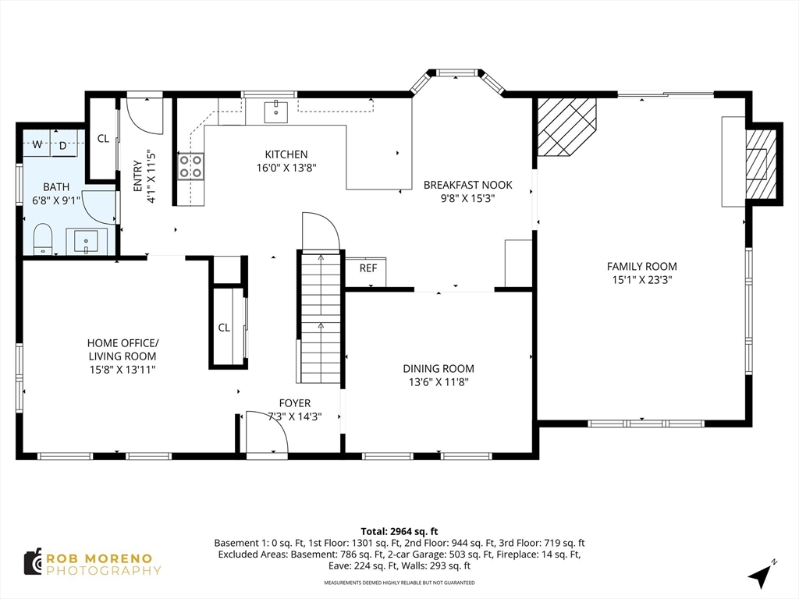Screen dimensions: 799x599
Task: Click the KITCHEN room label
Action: [x=286, y=154]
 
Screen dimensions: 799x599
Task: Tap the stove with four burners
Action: [x=191, y=167]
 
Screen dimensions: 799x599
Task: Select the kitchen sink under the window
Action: [x=275, y=112]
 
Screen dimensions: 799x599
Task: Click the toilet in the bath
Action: [x=43, y=239]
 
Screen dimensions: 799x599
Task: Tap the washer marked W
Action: [x=37, y=144]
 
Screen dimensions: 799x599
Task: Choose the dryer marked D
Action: [x=63, y=146]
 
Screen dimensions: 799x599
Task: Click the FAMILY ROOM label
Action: [x=641, y=266]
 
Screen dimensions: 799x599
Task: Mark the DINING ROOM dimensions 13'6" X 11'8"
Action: [x=439, y=382]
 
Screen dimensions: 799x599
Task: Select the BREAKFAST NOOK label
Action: [x=468, y=185]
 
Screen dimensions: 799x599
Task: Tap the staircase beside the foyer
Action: [x=320, y=318]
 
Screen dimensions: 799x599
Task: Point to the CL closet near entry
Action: [x=103, y=139]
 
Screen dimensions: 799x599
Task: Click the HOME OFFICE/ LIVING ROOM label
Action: [x=123, y=349]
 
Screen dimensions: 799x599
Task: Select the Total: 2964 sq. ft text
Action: [x=399, y=532]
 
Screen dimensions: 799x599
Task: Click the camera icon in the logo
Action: [x=33, y=562]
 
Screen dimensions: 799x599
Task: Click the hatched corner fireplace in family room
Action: [x=566, y=126]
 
